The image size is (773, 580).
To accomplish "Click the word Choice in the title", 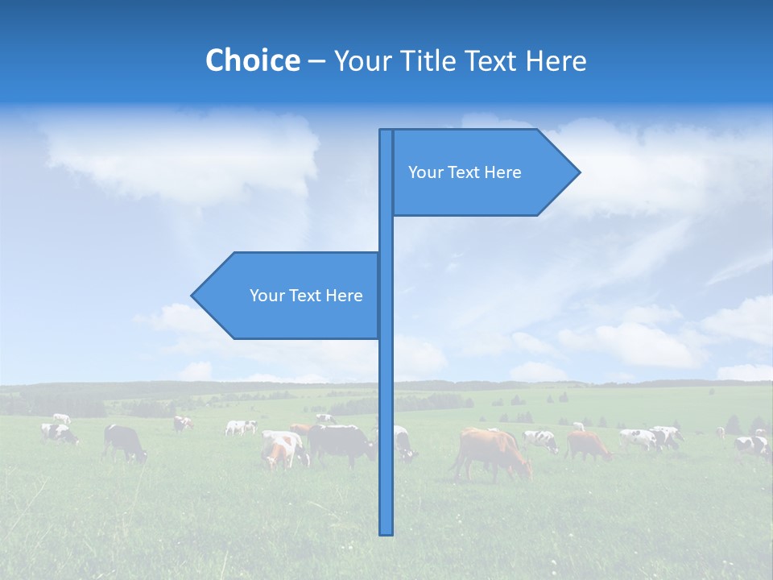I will tap(252, 60).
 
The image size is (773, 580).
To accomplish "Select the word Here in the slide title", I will tap(556, 60).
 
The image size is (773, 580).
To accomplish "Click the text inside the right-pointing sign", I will tap(465, 172).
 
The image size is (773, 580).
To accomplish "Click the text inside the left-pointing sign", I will tap(306, 296).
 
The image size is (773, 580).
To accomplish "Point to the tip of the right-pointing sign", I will tap(578, 172).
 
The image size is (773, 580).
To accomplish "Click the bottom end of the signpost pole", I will tap(386, 532).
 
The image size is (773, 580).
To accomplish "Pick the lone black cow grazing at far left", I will tap(124, 441).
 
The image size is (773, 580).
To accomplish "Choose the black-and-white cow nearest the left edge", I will tap(60, 434).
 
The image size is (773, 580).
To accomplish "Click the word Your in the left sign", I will tap(267, 296).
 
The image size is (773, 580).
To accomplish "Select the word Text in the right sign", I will tap(465, 172).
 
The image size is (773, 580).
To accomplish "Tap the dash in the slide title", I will tap(316, 60).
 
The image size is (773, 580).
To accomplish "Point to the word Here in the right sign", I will tap(503, 172).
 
